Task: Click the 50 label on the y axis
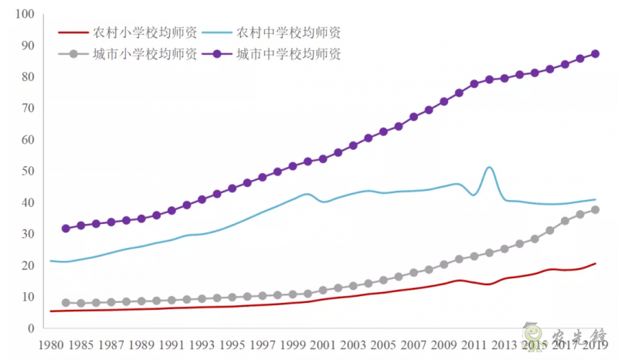tap(27, 172)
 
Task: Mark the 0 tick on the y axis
tap(31, 328)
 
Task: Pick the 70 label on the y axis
tap(27, 109)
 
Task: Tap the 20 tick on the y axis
tap(27, 266)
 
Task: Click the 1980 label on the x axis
tap(51, 345)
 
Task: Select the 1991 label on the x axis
tap(171, 345)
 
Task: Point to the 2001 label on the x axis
tap(323, 345)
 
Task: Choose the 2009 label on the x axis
tap(443, 345)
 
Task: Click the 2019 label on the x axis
tap(595, 345)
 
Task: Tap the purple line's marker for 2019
tap(595, 54)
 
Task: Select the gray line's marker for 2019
tap(595, 209)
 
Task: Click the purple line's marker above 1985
tap(81, 226)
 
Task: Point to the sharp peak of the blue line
tap(489, 167)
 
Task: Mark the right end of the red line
tap(595, 263)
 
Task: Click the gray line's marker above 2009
tap(444, 264)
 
